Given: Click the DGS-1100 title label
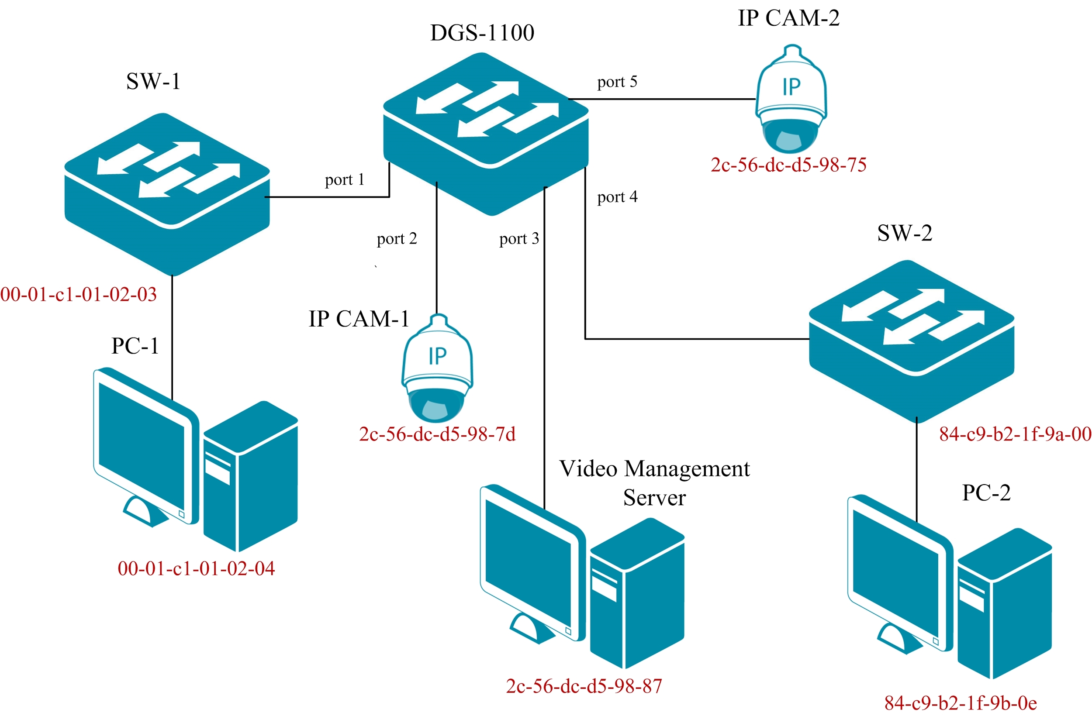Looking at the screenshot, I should (x=482, y=33).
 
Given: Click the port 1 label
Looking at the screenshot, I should (x=345, y=179).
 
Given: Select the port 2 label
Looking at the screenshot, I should (x=397, y=238).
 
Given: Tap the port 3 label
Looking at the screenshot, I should (x=519, y=238).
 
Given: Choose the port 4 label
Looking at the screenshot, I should (x=617, y=197).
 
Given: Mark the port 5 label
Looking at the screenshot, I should (x=617, y=82).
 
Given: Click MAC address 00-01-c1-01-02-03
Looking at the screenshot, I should (x=79, y=294).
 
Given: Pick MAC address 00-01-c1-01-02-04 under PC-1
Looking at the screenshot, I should (x=197, y=569).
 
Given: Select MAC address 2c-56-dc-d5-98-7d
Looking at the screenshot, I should (x=437, y=434).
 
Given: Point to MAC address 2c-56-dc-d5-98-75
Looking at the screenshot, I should (x=788, y=165).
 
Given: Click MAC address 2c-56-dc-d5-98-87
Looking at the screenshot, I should (x=584, y=686).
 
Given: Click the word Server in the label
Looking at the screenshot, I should (x=654, y=498).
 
